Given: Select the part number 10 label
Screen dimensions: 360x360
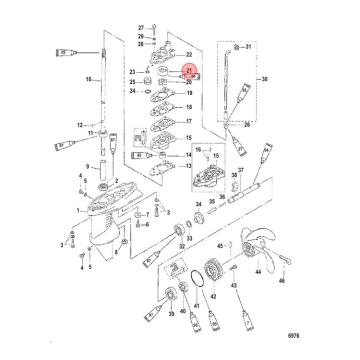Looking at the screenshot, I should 88,79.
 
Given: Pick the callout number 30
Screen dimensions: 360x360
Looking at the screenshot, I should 265,79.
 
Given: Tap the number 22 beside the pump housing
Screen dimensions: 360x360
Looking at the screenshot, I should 189,54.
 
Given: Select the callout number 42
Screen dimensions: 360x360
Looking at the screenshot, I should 213,296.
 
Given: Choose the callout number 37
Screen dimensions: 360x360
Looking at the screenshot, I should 240,170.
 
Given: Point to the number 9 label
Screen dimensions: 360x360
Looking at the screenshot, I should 87,167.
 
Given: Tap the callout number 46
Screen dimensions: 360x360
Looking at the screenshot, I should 282,280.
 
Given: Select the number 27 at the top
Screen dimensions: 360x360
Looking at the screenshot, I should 140,27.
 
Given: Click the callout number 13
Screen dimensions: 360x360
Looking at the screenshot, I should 188,166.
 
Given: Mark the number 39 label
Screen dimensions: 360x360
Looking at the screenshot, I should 170,313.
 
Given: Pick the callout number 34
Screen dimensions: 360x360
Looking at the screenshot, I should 198,204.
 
